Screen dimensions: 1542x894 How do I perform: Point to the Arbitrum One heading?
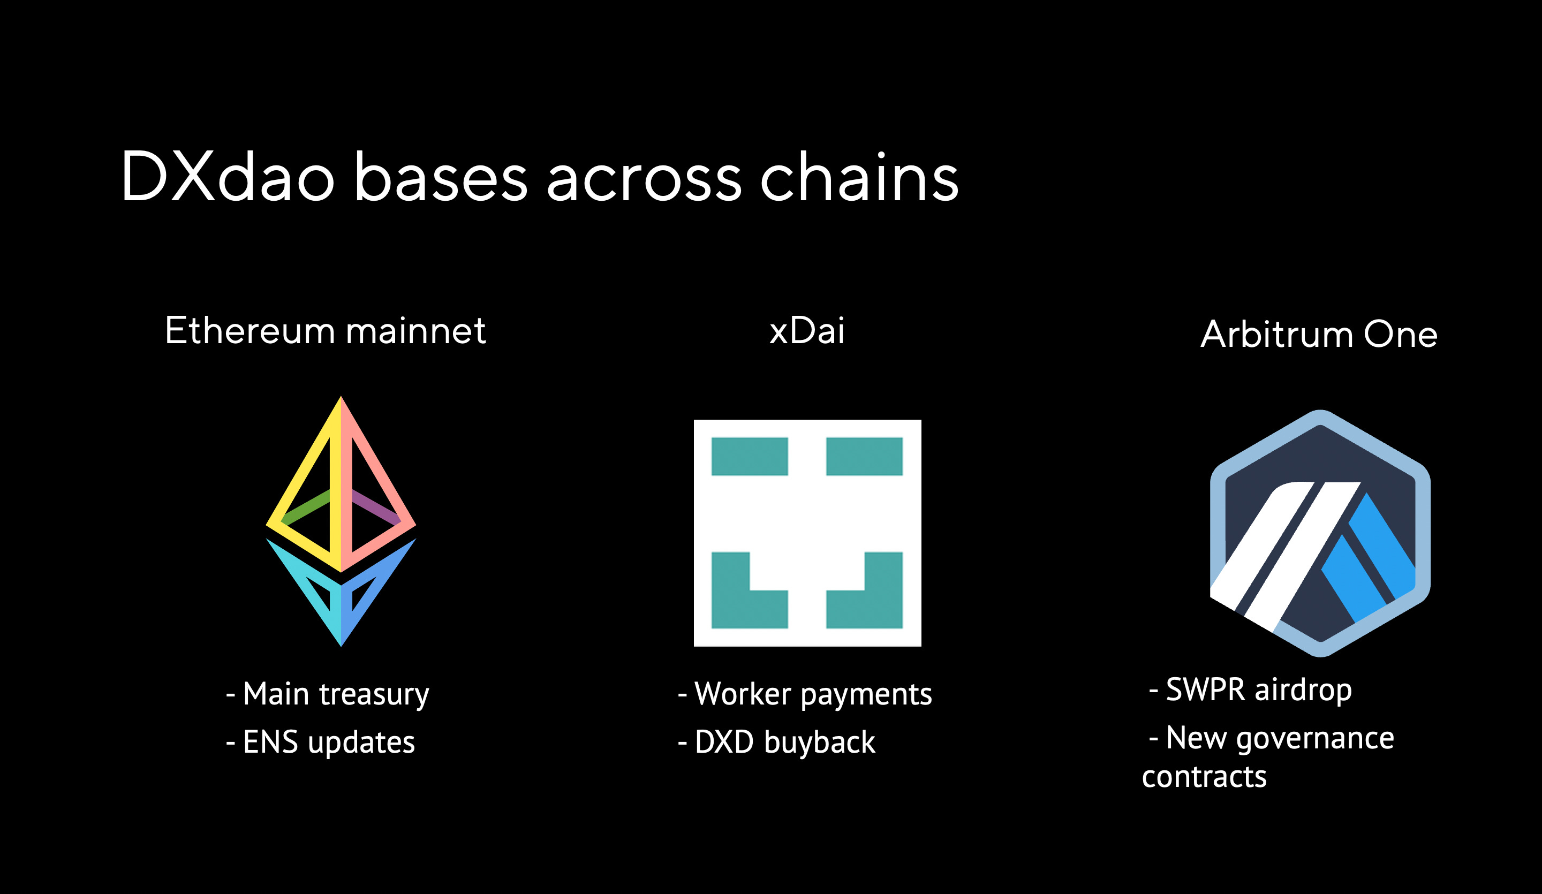tap(1319, 334)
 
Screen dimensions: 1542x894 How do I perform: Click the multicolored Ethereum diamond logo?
tap(341, 520)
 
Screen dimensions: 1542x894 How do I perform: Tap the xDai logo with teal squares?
tap(807, 532)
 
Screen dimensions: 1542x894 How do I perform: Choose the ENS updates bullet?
tap(321, 743)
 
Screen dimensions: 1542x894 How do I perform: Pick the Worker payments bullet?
tap(805, 694)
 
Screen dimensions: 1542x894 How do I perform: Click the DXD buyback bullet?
tap(777, 743)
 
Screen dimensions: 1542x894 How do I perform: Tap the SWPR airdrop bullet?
tap(1251, 690)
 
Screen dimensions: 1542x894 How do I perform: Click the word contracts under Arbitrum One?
tap(1204, 777)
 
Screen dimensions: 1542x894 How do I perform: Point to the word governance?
tap(1315, 738)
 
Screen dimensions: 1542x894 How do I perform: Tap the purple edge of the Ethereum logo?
tap(376, 506)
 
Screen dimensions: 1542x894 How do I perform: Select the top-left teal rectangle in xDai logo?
tap(750, 457)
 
